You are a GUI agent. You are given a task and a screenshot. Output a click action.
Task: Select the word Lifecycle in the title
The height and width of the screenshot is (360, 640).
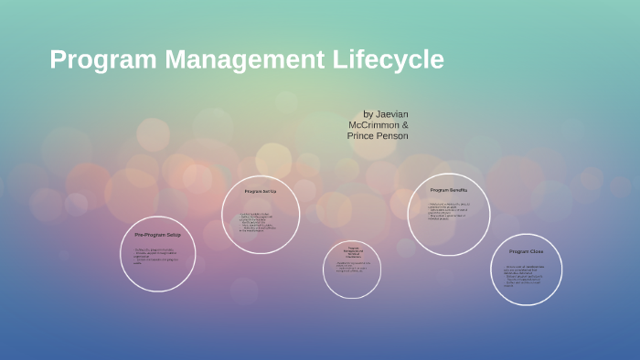388,59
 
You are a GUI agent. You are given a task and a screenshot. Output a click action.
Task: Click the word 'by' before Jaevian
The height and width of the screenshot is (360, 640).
368,114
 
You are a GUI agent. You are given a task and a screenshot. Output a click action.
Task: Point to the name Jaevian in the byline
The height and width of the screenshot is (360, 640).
392,114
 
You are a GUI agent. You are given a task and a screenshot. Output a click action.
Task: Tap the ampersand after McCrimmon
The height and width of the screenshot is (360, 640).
404,125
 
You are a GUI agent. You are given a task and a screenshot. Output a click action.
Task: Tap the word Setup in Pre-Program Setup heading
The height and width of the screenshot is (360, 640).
174,235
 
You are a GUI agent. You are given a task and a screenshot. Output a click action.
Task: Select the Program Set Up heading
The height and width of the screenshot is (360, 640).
261,192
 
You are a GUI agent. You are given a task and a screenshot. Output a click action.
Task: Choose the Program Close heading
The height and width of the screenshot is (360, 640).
527,251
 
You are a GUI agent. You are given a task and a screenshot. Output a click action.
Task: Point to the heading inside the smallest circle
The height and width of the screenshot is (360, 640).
352,251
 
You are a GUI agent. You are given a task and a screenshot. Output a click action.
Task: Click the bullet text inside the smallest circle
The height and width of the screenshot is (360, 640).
351,267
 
